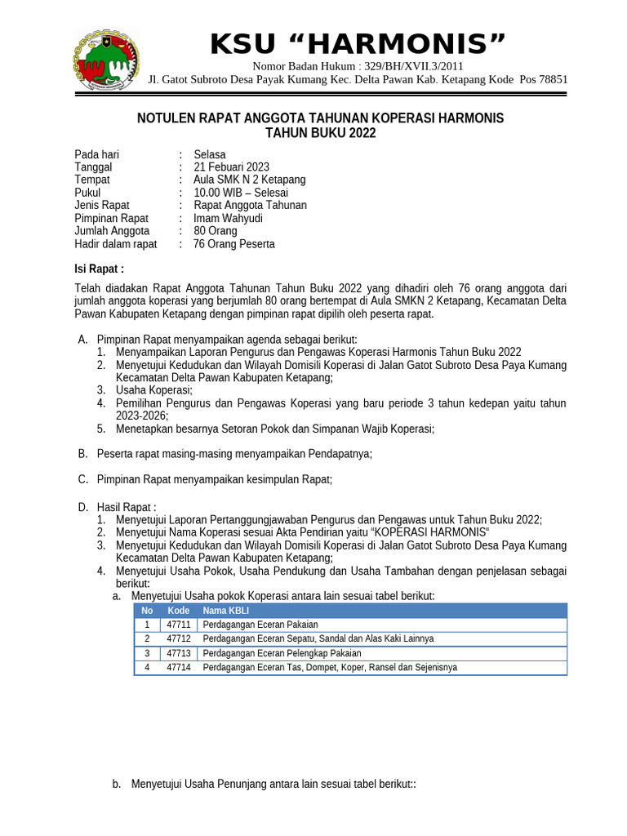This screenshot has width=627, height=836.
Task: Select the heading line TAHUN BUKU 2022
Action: [321, 133]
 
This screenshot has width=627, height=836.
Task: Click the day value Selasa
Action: [210, 154]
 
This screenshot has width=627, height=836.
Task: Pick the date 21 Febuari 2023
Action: [231, 167]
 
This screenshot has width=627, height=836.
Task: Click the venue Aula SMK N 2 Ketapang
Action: [249, 180]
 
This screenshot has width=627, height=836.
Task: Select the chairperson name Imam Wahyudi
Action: [228, 218]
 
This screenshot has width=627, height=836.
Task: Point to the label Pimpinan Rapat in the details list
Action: [111, 218]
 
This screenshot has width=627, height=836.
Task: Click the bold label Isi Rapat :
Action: [100, 269]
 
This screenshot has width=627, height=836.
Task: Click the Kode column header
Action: [179, 611]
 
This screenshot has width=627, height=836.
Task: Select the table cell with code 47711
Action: [179, 625]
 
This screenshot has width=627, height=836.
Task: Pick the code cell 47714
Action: [179, 667]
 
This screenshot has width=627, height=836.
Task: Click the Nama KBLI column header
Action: [226, 611]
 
